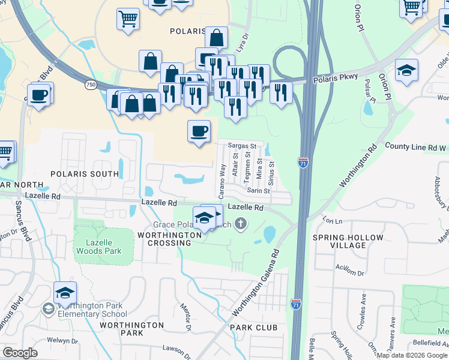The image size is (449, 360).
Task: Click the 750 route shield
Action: (x=91, y=85)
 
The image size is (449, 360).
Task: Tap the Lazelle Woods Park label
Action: (x=100, y=247)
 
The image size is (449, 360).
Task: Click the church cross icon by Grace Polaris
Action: (x=241, y=225)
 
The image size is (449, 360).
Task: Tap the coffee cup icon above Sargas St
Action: (x=199, y=131)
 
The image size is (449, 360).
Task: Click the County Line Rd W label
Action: (x=415, y=146)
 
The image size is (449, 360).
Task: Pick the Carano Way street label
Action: (x=223, y=181)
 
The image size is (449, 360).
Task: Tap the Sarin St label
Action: (x=259, y=191)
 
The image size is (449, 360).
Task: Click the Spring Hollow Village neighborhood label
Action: (x=348, y=241)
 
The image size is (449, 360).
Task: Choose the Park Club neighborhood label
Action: (x=253, y=328)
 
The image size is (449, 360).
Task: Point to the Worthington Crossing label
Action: (x=169, y=239)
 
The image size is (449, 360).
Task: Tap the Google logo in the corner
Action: (x=20, y=353)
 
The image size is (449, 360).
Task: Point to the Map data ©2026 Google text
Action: (x=412, y=355)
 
